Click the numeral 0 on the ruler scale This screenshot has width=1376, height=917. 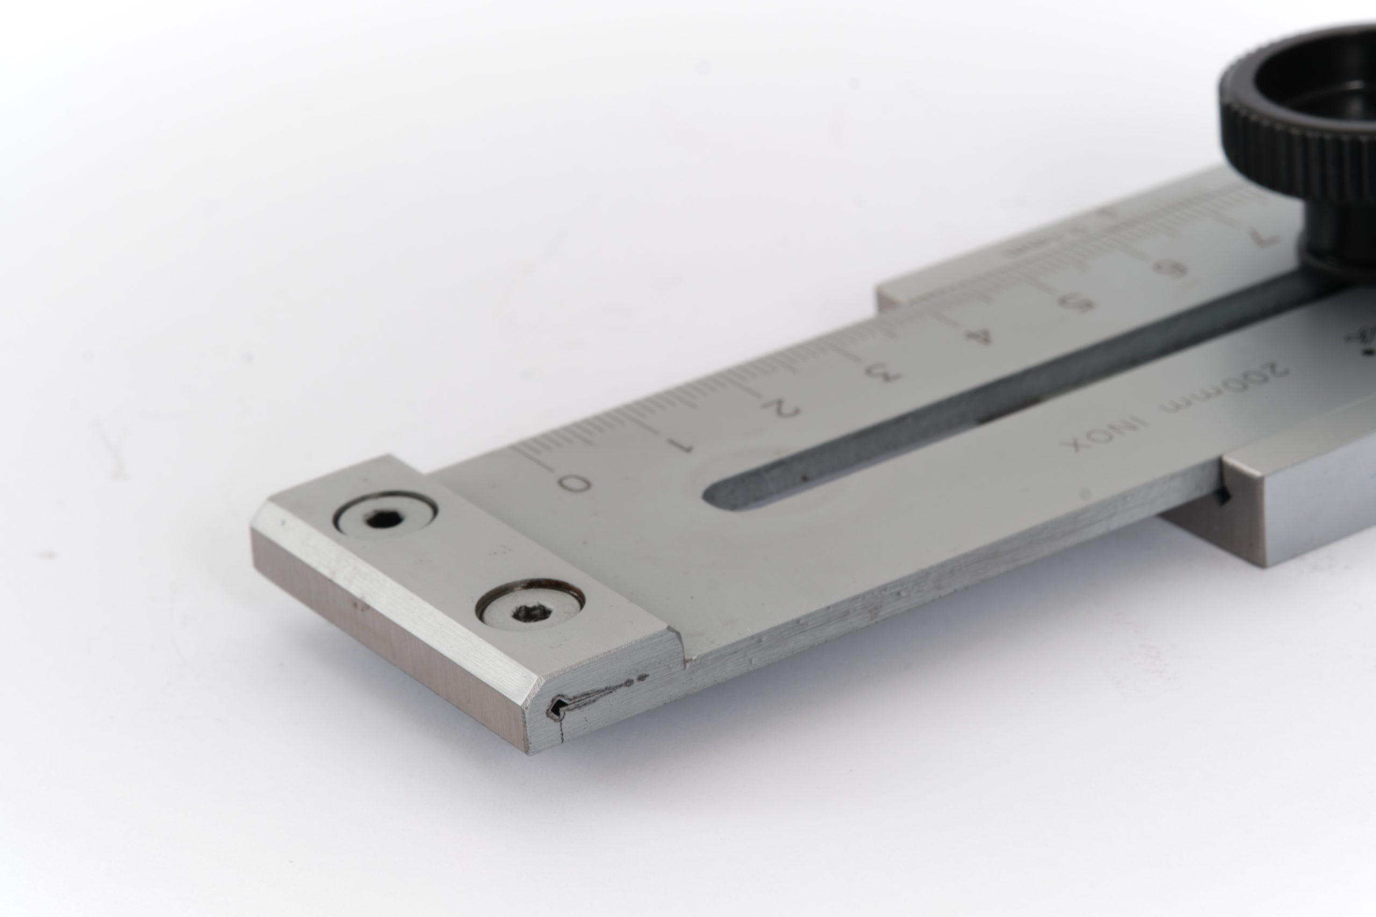tap(574, 483)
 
